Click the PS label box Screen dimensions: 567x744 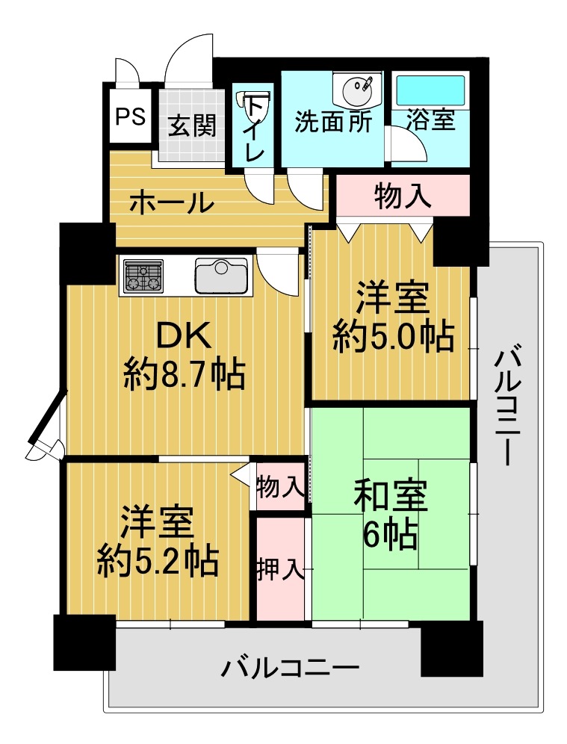click(x=131, y=117)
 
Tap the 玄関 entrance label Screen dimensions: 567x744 click(x=192, y=125)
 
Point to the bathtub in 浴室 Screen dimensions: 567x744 click(x=430, y=91)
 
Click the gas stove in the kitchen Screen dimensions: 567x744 click(x=143, y=276)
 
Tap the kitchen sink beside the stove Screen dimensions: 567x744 click(x=221, y=276)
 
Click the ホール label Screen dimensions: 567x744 click(x=171, y=203)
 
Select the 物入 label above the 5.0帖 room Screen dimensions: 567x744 click(x=403, y=196)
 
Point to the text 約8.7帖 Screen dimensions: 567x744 click(x=185, y=374)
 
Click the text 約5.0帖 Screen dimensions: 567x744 click(x=394, y=338)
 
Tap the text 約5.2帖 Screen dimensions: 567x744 click(x=158, y=561)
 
